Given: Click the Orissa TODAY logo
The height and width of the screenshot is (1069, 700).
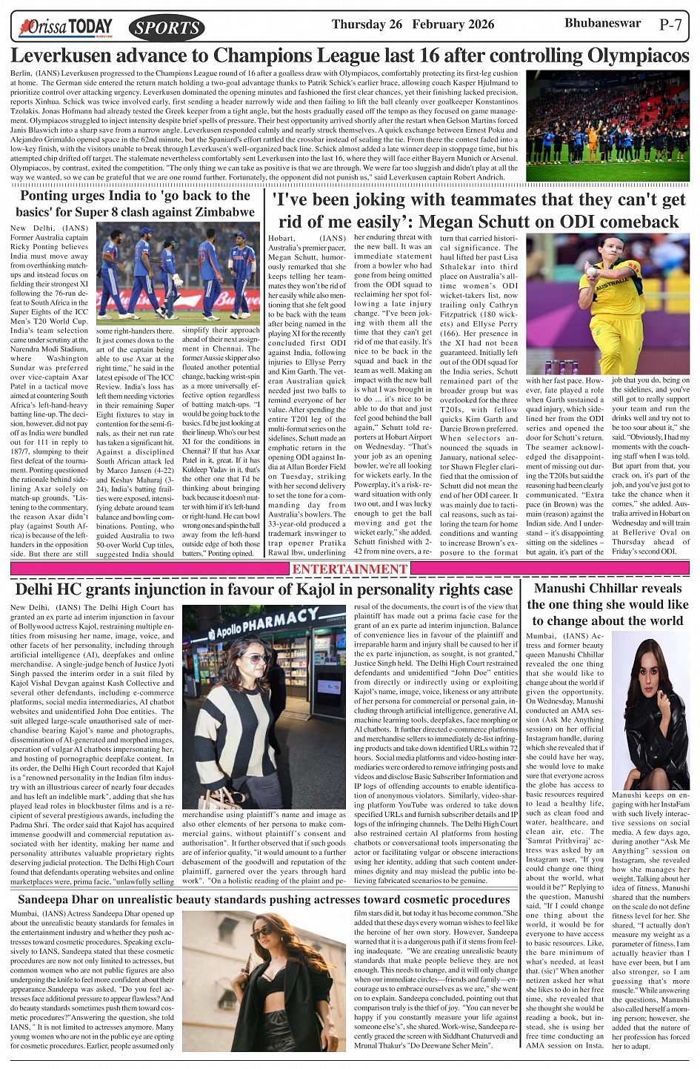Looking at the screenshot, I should point(67,27).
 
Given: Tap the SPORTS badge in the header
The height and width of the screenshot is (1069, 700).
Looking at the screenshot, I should point(167,28).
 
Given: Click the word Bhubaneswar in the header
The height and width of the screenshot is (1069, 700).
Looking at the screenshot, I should point(602,23).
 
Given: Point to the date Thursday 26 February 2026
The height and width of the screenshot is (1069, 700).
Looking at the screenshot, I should point(413,24).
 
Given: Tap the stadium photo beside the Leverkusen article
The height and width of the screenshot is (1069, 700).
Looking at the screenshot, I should point(607,126).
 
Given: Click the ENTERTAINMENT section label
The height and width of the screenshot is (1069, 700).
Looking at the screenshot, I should point(350,569).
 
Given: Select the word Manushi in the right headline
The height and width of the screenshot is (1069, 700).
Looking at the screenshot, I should point(565,589).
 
